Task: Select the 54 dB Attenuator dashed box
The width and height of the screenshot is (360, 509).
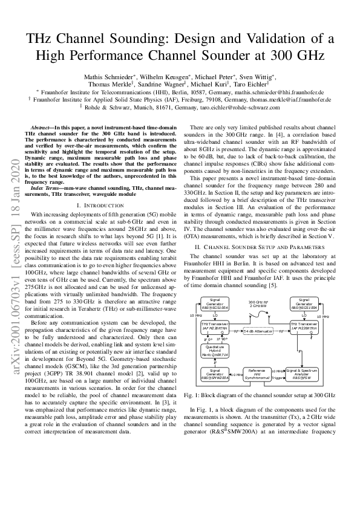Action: (257, 331)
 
